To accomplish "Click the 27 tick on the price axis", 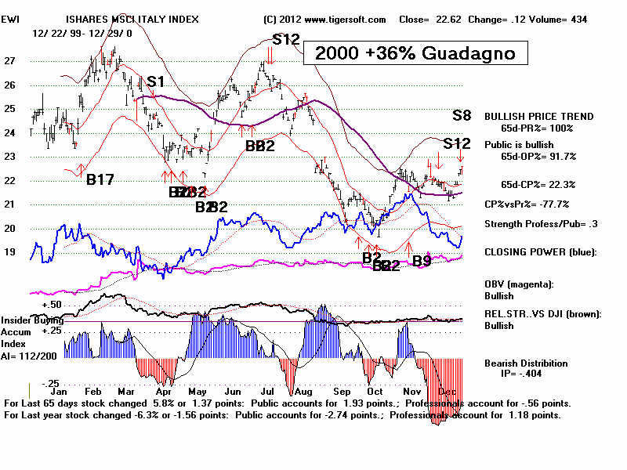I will tap(10, 60).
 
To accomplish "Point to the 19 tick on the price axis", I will tap(10, 253).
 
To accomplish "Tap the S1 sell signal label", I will tap(155, 81).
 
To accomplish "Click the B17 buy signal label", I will tap(100, 180).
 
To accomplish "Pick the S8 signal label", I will tap(462, 116).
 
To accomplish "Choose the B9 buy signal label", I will tap(422, 260).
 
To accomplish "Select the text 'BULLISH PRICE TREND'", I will tap(538, 116).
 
